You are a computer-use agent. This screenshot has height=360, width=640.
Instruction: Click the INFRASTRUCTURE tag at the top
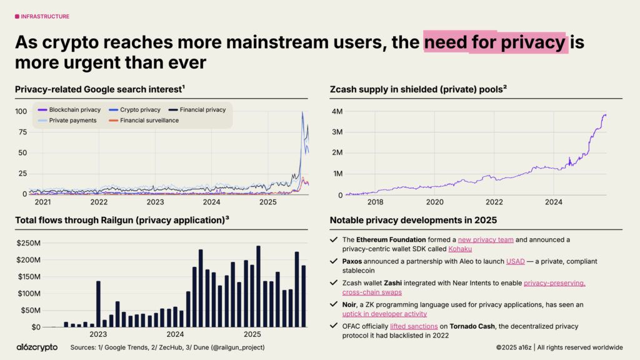pos(42,16)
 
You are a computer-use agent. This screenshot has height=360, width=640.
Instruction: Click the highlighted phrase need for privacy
pos(495,42)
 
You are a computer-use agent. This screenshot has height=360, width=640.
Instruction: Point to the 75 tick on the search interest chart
pos(22,132)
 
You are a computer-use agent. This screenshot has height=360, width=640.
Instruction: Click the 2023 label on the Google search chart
pos(155,202)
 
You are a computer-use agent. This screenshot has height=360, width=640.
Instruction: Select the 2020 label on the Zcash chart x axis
pos(434,202)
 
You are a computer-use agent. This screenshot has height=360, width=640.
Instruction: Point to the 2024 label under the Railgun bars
pos(175,334)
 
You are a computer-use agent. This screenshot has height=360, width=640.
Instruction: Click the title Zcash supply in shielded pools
pos(417,89)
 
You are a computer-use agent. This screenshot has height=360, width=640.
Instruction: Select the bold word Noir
pos(351,304)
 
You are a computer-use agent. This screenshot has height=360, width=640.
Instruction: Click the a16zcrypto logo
pos(37,347)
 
